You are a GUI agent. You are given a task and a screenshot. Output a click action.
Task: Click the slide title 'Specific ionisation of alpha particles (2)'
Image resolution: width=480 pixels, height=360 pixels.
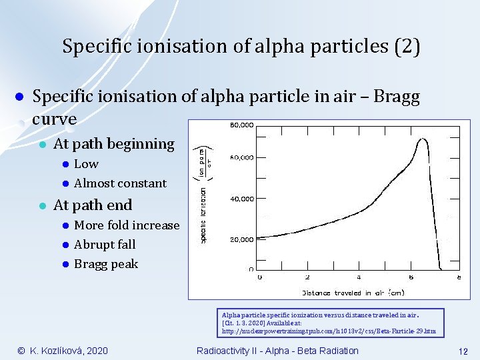[x=241, y=47]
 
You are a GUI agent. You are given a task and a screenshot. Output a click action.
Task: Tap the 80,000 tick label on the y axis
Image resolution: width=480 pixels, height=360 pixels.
[x=241, y=124]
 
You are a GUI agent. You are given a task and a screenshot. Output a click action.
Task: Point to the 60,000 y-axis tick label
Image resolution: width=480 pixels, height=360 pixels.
[x=241, y=157]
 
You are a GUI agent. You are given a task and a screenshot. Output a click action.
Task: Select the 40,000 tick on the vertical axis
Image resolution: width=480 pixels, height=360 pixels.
[x=241, y=199]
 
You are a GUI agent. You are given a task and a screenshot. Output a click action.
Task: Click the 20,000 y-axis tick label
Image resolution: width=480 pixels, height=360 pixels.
[x=241, y=239]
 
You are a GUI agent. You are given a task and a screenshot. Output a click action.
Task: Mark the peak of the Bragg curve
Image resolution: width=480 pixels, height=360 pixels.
[x=422, y=139]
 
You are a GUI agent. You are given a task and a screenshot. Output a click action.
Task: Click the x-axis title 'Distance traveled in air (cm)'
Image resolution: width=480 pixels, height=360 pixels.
[x=353, y=292]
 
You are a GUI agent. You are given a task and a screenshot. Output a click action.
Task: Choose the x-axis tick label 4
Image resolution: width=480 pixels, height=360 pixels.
[x=359, y=277]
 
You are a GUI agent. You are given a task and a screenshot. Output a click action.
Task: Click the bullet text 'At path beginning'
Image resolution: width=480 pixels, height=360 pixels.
[x=113, y=144]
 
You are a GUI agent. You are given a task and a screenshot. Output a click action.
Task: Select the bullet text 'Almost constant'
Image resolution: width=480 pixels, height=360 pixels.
[x=120, y=183]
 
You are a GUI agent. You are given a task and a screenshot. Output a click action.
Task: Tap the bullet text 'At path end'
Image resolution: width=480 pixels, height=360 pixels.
[x=93, y=205]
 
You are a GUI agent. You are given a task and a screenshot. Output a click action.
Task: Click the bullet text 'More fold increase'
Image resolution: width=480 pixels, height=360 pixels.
[x=127, y=225]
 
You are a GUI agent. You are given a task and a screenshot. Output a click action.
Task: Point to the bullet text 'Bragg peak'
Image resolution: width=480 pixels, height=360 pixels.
[x=106, y=264]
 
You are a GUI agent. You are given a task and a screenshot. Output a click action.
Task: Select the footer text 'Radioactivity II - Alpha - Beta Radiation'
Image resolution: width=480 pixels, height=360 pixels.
[x=277, y=351]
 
